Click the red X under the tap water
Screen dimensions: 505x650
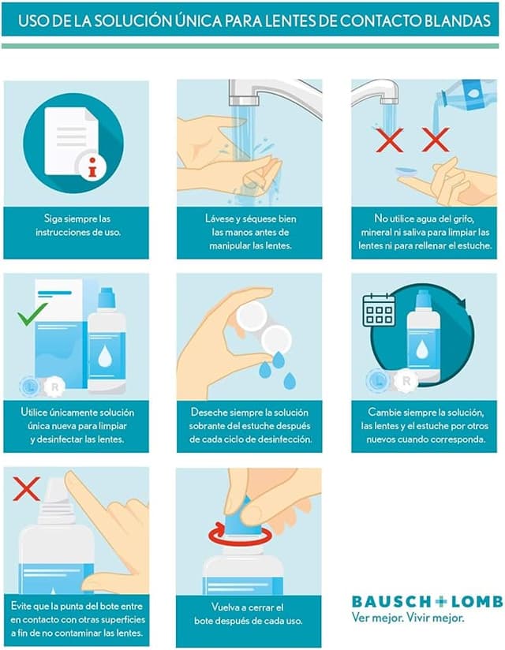[389, 140]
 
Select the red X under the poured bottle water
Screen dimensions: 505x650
[436, 140]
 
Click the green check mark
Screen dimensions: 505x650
[32, 314]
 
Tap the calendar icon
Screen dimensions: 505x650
[379, 310]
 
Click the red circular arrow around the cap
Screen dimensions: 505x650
[240, 535]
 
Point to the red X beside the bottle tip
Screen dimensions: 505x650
[26, 488]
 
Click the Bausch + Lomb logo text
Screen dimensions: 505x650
[427, 602]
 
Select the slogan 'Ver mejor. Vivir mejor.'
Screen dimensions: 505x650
[408, 618]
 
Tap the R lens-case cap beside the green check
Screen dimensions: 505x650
[54, 387]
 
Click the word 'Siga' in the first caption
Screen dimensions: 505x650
[53, 219]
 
